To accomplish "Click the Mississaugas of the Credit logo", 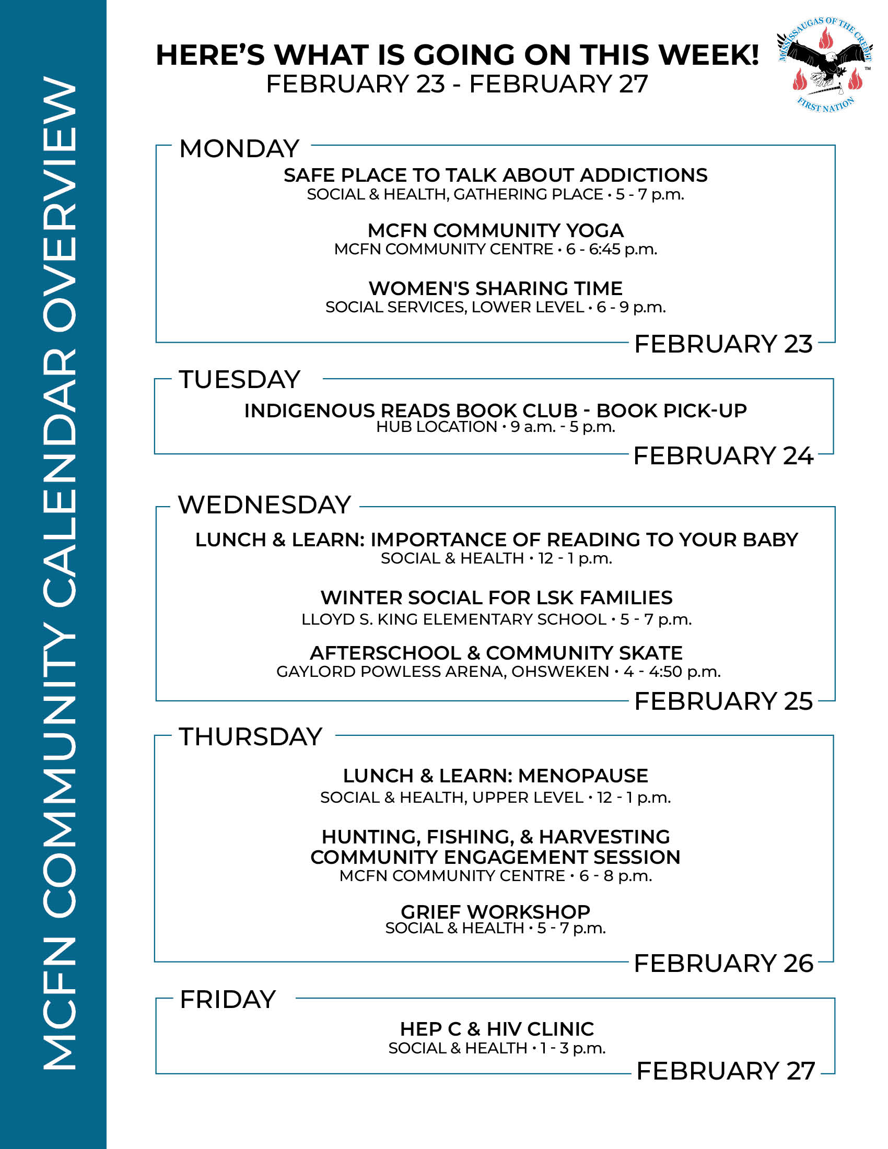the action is coord(825,65).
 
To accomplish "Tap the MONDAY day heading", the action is coord(239,149).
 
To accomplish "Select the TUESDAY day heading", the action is coord(240,379).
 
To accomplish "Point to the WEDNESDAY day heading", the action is coord(264,505).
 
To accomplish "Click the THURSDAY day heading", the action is coord(250,736).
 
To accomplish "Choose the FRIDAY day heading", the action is coord(228,1000).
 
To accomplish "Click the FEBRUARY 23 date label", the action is coord(723,344).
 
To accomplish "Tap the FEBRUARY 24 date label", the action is coord(723,455).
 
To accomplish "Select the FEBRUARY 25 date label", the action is coord(723,701).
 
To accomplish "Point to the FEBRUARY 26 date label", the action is coord(723,963).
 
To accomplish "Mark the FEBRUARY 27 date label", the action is coord(726,1071).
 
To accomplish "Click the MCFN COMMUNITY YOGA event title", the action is coord(496,230).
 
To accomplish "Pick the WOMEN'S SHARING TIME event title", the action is coord(496,288).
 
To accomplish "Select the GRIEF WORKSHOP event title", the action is coord(496,912).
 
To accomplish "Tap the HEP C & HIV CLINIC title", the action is coord(497,1029).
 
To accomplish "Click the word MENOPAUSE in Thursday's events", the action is coord(583,776).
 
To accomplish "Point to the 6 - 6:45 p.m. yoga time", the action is coord(611,249).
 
